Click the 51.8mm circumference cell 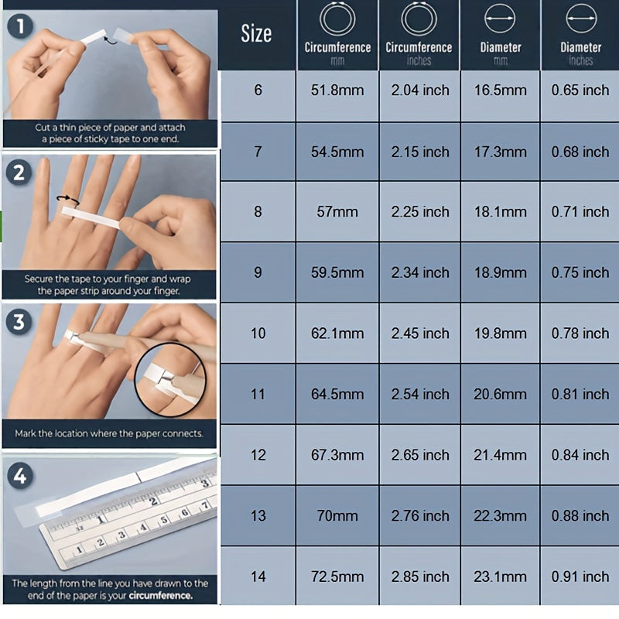click(337, 91)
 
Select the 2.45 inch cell click(420, 333)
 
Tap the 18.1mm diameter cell click(500, 212)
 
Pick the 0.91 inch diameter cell click(580, 576)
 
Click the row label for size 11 click(258, 395)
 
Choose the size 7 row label click(258, 152)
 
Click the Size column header click(256, 33)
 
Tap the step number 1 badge click(20, 26)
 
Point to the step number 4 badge click(20, 476)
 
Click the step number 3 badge click(19, 322)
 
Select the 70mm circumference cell click(337, 516)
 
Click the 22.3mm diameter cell click(500, 516)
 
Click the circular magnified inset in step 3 click(170, 379)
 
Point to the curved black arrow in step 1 click(111, 39)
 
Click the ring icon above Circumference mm click(337, 19)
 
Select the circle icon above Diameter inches click(581, 18)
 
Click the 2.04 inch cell click(420, 91)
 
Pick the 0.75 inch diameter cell click(580, 273)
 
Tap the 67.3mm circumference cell click(337, 455)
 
